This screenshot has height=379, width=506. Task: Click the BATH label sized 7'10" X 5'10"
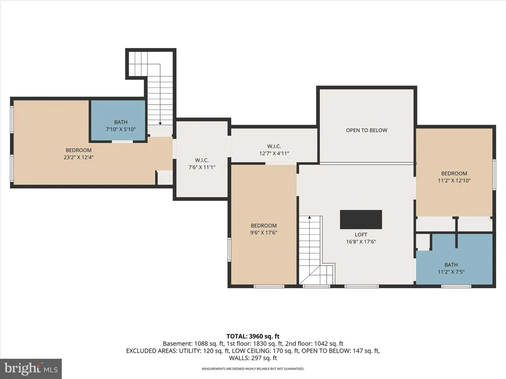pyautogui.click(x=121, y=122)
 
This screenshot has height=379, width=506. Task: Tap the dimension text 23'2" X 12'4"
pyautogui.click(x=79, y=157)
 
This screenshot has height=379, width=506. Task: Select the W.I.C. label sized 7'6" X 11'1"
pyautogui.click(x=202, y=160)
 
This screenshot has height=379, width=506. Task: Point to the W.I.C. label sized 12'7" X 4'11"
pyautogui.click(x=274, y=146)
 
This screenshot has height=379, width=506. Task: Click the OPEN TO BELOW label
pyautogui.click(x=367, y=130)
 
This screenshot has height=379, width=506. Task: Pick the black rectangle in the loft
pyautogui.click(x=361, y=220)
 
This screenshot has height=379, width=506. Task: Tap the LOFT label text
pyautogui.click(x=361, y=234)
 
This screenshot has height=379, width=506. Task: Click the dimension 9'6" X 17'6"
pyautogui.click(x=264, y=233)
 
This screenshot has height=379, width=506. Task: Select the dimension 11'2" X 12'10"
pyautogui.click(x=454, y=181)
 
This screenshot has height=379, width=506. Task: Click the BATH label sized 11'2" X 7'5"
pyautogui.click(x=451, y=265)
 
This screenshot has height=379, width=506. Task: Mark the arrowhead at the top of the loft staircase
pyautogui.click(x=309, y=218)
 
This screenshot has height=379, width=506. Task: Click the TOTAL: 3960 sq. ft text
pyautogui.click(x=253, y=337)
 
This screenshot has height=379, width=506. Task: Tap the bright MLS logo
pyautogui.click(x=31, y=368)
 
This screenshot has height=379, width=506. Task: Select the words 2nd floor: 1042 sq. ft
pyautogui.click(x=314, y=343)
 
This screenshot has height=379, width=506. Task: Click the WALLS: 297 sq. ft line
pyautogui.click(x=253, y=358)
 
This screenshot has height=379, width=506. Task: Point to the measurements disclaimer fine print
pyautogui.click(x=253, y=369)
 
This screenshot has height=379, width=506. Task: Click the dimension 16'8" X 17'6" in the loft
pyautogui.click(x=361, y=242)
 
